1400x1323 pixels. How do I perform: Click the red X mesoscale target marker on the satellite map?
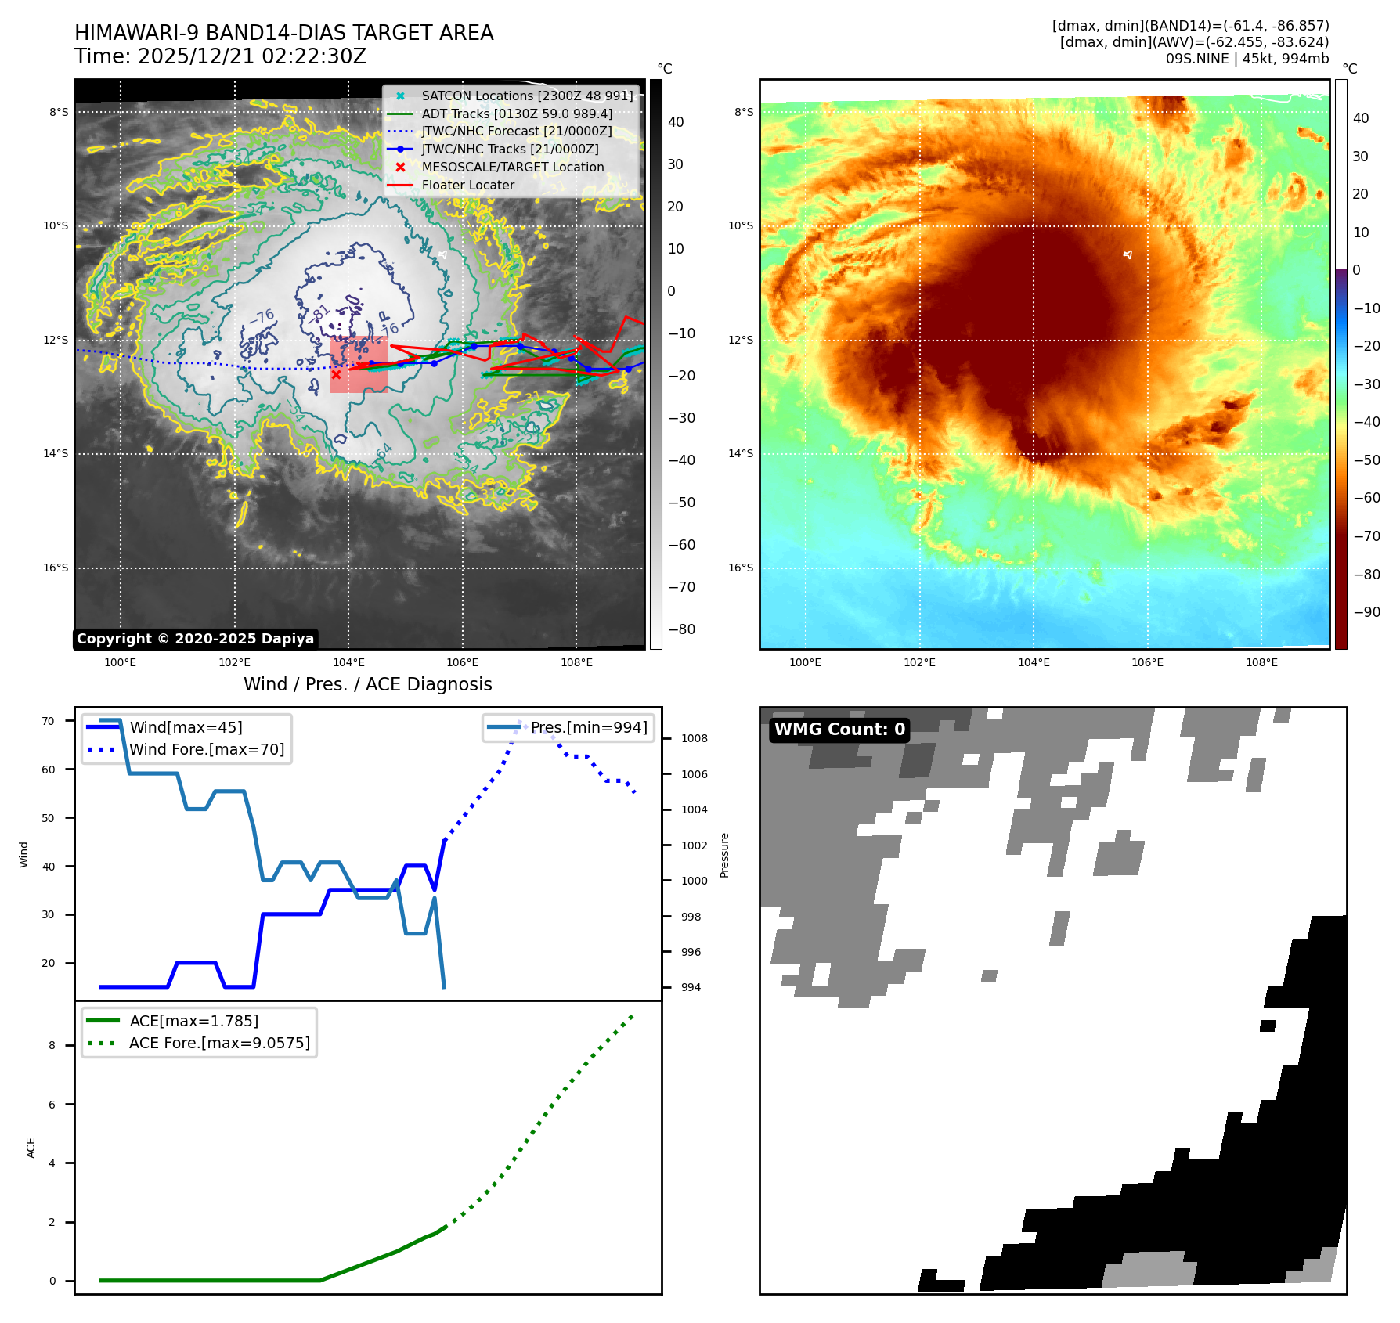(336, 374)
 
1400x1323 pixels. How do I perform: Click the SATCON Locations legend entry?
(526, 96)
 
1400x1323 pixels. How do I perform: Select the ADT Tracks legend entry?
(517, 114)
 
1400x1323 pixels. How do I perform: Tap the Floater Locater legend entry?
(467, 186)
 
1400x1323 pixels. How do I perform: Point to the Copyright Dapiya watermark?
(195, 639)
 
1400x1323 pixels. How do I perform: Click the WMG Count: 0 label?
(839, 730)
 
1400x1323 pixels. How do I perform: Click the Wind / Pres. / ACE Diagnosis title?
(367, 684)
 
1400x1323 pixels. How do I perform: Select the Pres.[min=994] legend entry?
(589, 727)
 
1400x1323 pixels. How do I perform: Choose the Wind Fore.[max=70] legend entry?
(207, 749)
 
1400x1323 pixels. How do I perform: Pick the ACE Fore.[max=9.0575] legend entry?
(219, 1043)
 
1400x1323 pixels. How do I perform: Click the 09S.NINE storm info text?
(1247, 59)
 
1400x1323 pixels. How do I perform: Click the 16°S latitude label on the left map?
(56, 568)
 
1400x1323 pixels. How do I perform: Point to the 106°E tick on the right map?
(1147, 662)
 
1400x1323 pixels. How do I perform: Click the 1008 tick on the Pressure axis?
(694, 738)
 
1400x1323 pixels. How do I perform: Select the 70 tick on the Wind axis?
(49, 721)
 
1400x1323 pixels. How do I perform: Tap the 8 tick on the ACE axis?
(52, 1045)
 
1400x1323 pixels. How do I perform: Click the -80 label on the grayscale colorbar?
(681, 629)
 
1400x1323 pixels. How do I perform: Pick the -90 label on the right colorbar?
(1366, 612)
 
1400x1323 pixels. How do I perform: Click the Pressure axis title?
(724, 855)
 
